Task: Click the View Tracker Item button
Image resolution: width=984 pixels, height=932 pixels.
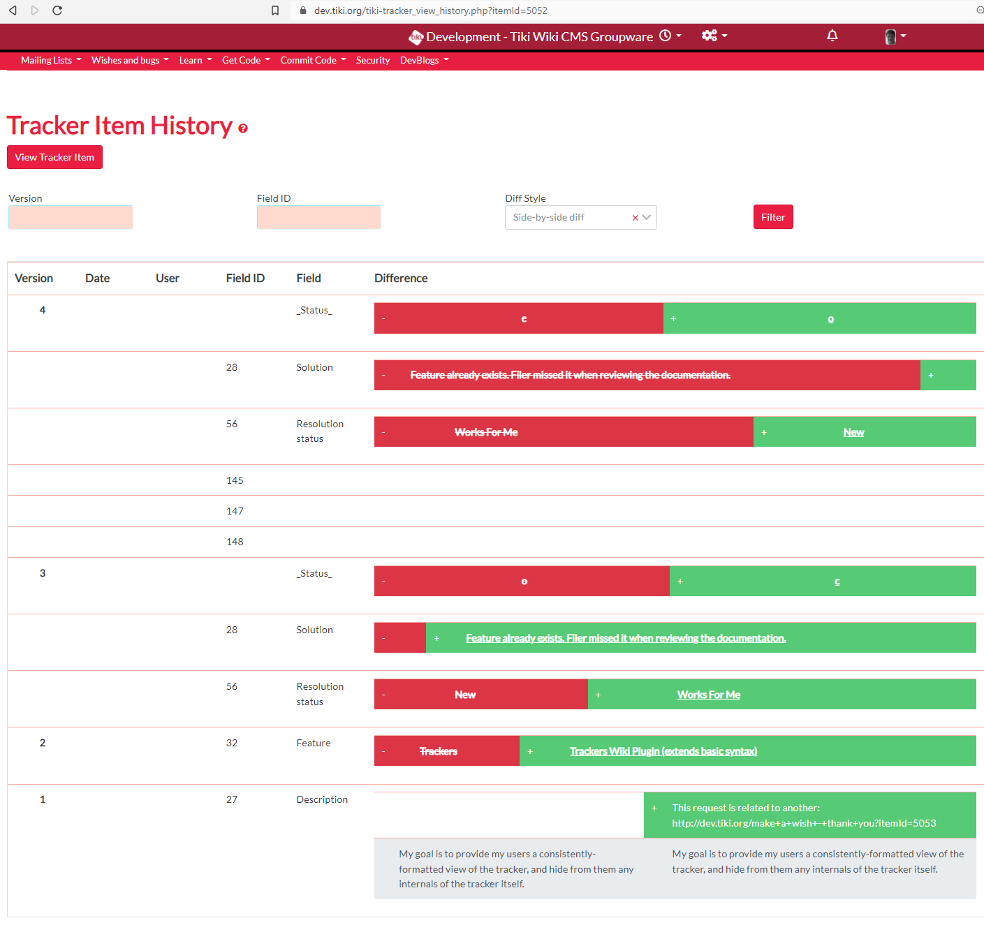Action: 54,157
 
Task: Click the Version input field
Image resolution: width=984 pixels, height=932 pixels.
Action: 71,217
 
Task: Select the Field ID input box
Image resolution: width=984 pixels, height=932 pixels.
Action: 319,217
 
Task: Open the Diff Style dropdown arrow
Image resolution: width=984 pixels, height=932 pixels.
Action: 647,217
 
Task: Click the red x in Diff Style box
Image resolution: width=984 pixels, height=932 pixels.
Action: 635,218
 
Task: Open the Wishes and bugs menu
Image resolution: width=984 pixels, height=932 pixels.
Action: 130,60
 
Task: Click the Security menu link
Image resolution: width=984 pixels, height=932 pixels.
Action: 373,60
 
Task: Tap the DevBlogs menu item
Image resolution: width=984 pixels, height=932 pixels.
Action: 425,60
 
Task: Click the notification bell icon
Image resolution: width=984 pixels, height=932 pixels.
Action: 832,36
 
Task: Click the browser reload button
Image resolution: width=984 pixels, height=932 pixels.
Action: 57,10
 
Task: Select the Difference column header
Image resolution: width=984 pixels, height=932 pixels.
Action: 401,279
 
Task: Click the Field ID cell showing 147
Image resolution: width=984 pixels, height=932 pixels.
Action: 235,511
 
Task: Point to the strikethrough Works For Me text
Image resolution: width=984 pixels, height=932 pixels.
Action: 486,432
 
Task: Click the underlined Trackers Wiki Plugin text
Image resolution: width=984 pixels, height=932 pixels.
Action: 663,750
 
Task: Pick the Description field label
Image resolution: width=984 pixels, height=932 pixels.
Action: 322,799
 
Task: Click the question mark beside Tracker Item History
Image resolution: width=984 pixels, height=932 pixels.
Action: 243,128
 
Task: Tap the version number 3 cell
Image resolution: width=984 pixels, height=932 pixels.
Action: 43,573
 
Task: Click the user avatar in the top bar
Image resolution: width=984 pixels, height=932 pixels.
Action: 890,36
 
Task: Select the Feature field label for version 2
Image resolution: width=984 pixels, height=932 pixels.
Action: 314,743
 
